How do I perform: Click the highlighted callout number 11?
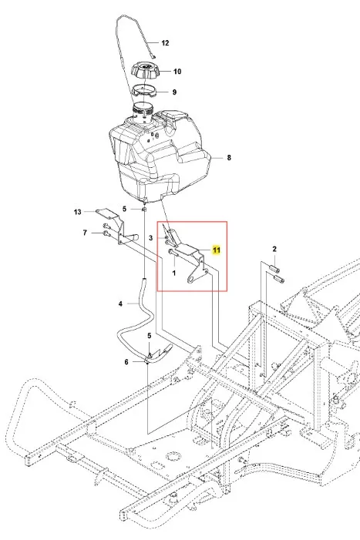tap(217, 250)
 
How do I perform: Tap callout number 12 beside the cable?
tap(166, 43)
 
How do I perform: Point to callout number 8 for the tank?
tap(229, 158)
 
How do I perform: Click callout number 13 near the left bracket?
tap(78, 212)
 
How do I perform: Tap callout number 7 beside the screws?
tap(85, 233)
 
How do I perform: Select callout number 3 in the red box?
tap(150, 238)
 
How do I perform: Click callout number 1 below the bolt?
tap(174, 273)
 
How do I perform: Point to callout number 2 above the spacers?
tap(274, 249)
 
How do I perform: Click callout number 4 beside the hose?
tap(120, 304)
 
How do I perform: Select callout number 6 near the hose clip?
tap(126, 362)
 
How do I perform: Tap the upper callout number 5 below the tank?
tap(125, 209)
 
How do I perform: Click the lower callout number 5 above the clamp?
tap(150, 336)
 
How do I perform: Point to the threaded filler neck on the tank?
tap(143, 112)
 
